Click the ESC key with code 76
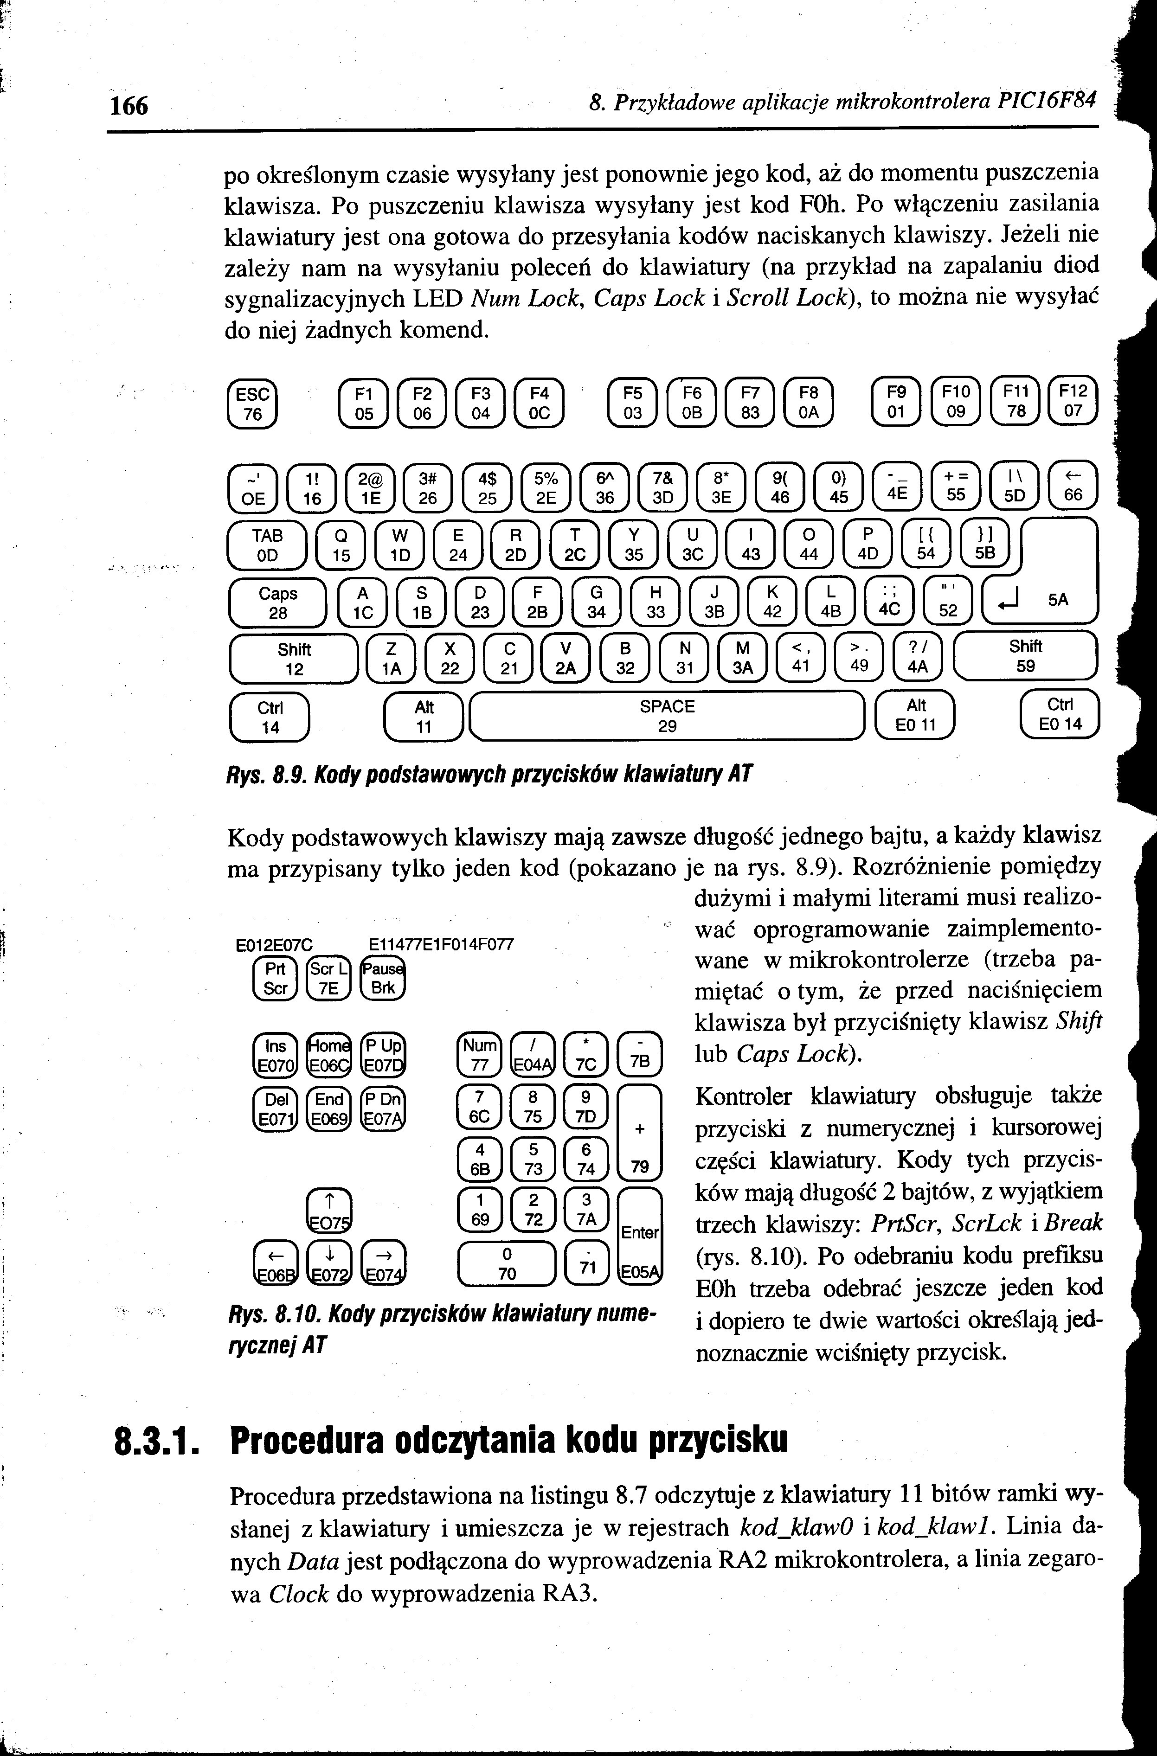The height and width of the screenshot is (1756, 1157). click(252, 404)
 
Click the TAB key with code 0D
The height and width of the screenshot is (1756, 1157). click(267, 545)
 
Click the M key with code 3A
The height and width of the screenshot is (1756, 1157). click(742, 657)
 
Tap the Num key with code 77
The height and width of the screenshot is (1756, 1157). click(480, 1054)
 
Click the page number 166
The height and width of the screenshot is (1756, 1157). click(129, 105)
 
